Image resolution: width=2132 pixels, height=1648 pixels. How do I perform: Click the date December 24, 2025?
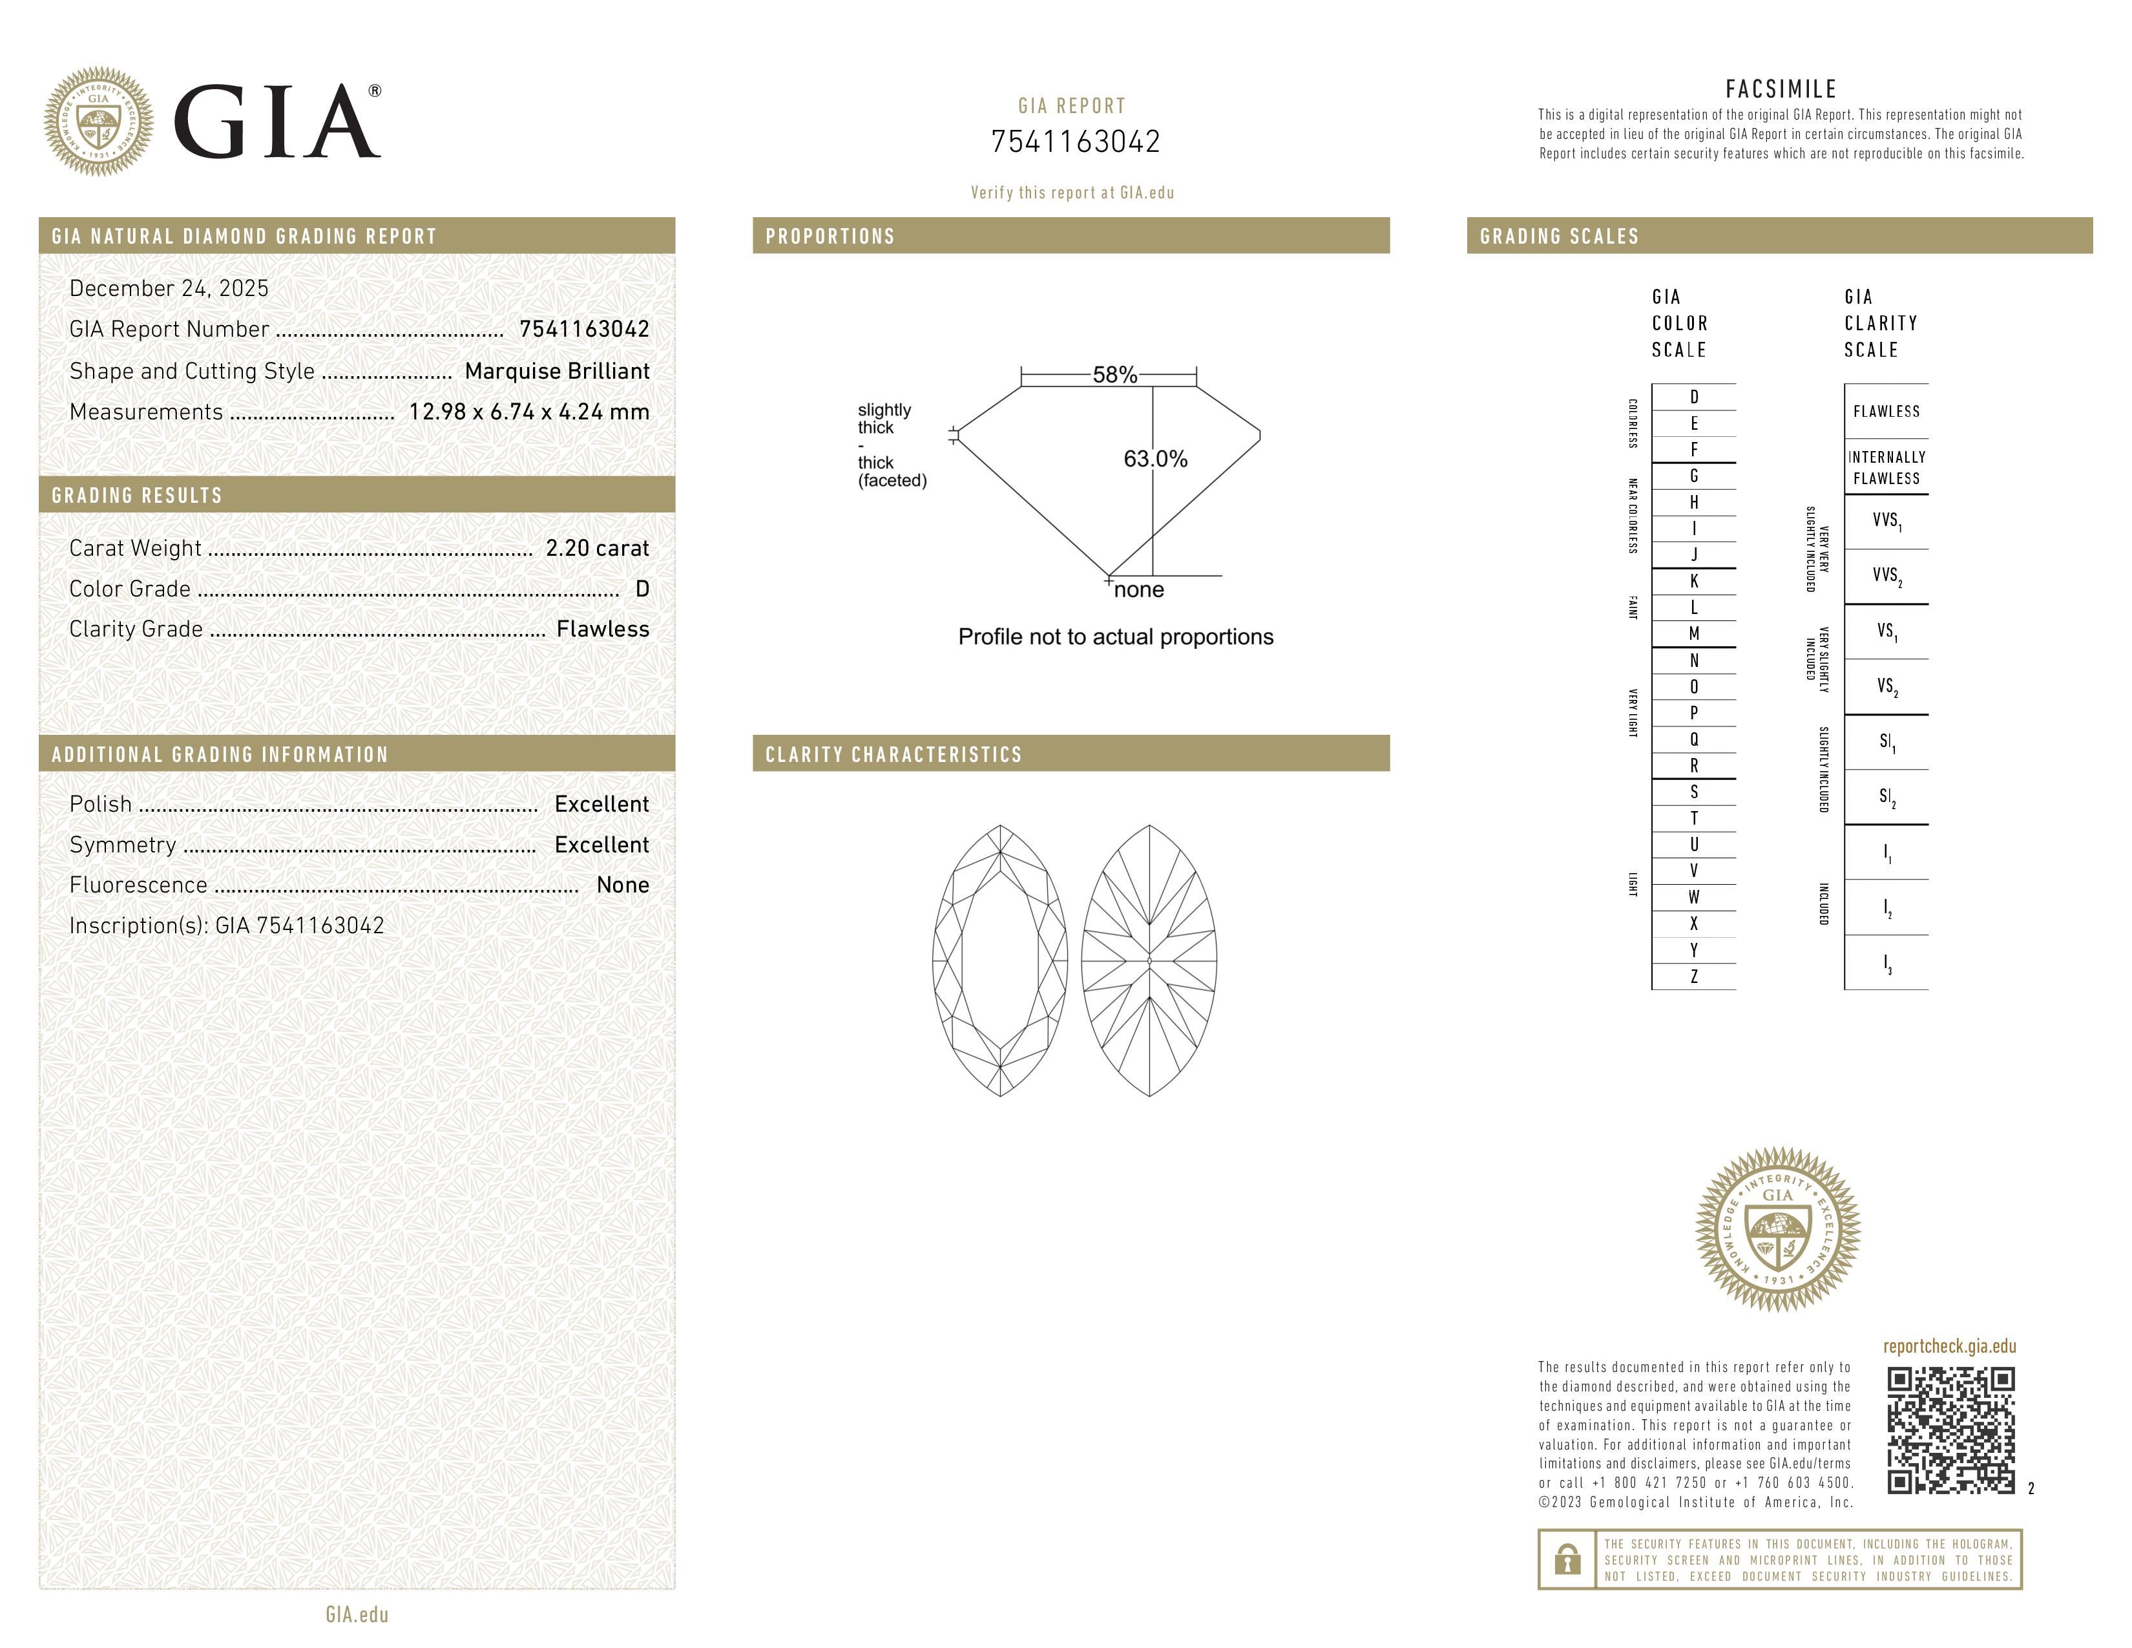(169, 288)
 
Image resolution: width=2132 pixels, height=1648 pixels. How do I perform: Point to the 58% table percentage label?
(1114, 375)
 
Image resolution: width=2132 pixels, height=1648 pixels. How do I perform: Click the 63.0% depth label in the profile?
(1155, 459)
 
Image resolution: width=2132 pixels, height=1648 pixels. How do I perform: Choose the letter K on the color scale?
(1694, 581)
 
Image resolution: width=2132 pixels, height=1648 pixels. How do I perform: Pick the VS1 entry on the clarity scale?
(1886, 631)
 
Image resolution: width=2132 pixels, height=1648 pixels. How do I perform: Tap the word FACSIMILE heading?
(1781, 89)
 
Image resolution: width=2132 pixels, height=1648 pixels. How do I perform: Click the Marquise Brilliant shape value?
(556, 371)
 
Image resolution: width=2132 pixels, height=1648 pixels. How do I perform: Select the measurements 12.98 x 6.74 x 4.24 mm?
(528, 412)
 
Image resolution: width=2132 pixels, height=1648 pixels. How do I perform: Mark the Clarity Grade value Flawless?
(602, 629)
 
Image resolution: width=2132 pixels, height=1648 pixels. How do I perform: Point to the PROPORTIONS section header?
(830, 237)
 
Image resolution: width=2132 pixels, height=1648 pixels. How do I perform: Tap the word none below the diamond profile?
(1138, 589)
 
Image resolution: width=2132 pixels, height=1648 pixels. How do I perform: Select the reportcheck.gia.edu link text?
(1949, 1346)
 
